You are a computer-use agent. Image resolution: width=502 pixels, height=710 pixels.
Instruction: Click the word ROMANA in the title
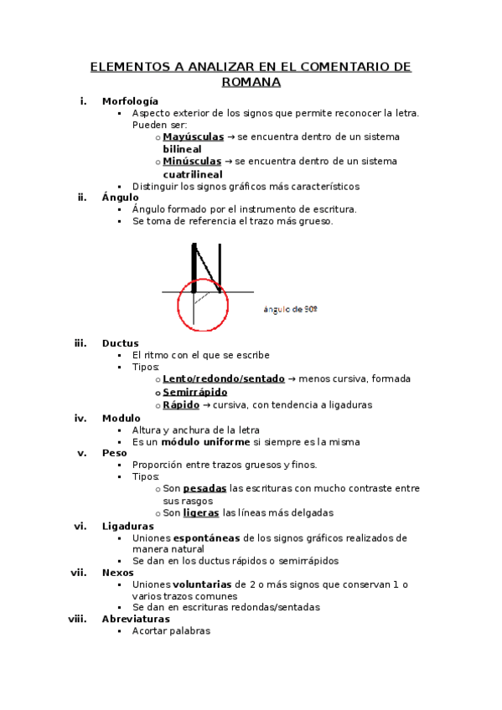click(251, 82)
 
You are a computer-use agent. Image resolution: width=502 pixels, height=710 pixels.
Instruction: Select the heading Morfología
click(130, 100)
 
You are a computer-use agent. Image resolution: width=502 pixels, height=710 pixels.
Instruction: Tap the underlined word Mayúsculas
click(193, 136)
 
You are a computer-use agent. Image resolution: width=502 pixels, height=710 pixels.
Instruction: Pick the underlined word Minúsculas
click(192, 161)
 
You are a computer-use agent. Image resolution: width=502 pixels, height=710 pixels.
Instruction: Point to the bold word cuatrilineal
click(198, 173)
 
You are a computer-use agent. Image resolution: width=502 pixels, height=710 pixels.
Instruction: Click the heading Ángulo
click(121, 197)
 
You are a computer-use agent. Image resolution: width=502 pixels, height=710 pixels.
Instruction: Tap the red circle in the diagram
click(202, 306)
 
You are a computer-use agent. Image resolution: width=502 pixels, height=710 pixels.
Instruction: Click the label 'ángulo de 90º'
click(291, 309)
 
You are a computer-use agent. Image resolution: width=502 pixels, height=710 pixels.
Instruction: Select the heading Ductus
click(121, 342)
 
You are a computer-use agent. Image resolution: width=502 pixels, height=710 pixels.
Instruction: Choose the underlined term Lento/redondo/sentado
click(224, 378)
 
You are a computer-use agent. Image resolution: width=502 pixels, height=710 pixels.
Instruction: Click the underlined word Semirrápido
click(194, 391)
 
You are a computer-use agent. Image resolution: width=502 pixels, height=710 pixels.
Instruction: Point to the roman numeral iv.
click(80, 417)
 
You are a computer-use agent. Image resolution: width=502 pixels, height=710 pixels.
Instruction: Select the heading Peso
click(115, 452)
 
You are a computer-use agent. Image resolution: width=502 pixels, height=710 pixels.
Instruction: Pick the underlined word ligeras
click(201, 512)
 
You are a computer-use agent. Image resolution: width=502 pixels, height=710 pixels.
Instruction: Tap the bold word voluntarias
click(204, 584)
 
